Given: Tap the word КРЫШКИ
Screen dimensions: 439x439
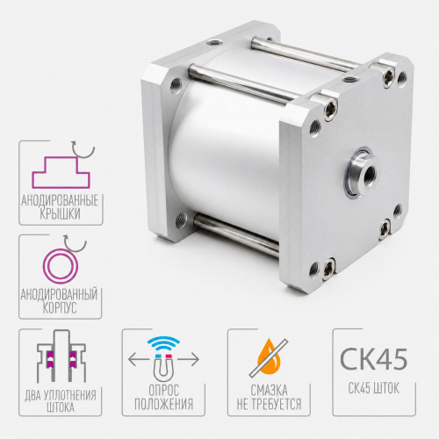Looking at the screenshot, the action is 60,213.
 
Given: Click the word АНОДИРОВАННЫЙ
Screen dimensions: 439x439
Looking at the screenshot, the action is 59,294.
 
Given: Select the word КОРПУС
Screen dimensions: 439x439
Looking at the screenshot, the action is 60,307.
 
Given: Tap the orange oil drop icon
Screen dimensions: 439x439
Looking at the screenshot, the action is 269,358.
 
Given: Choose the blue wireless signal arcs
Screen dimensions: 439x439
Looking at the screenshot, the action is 163,343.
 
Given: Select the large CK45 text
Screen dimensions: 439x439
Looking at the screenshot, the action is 374,359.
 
